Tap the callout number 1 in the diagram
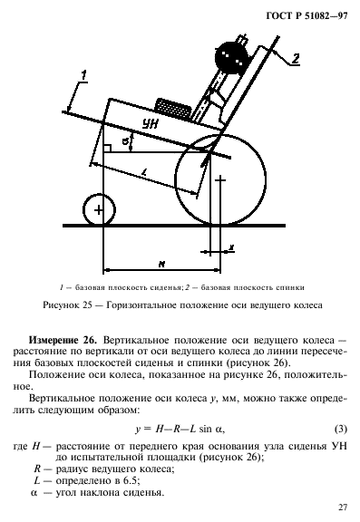(x=82, y=73)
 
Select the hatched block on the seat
(x=171, y=110)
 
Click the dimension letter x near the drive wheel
(x=231, y=248)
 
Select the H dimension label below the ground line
(x=161, y=264)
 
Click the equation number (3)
(x=342, y=429)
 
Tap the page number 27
(x=342, y=507)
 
